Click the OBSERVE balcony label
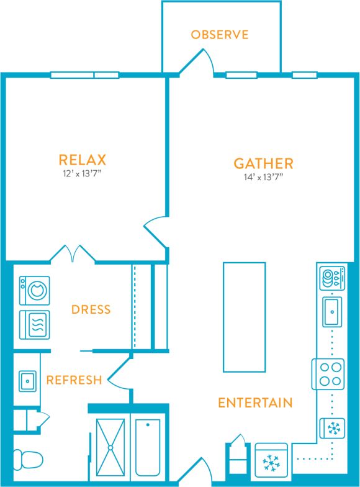point(220,34)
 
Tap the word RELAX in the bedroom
point(83,160)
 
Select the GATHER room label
point(263,163)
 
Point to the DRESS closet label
point(91,309)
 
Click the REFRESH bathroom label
point(74,380)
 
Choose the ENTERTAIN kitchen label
point(254,403)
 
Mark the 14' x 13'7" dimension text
point(263,177)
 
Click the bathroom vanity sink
point(27,380)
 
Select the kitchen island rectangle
point(244,317)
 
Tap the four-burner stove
point(328,374)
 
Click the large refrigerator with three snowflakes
point(271,462)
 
